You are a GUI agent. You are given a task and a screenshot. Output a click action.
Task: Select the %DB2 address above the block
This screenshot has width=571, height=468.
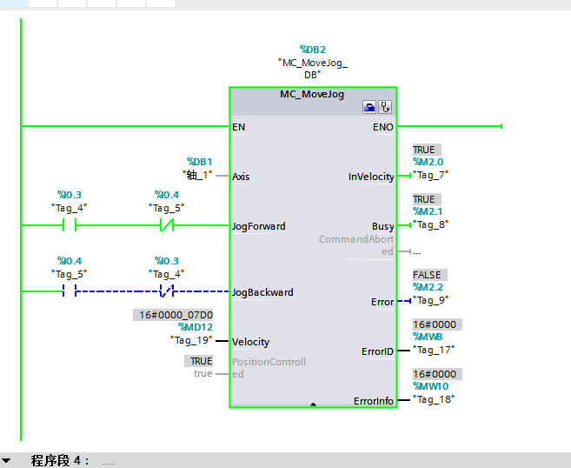[x=313, y=50]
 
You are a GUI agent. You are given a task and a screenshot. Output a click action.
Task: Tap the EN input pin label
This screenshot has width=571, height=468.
[x=239, y=127]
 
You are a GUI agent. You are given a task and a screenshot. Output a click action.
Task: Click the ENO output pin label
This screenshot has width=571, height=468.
[x=382, y=127]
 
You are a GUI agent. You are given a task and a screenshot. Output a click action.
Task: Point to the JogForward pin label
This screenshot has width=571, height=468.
[x=258, y=226]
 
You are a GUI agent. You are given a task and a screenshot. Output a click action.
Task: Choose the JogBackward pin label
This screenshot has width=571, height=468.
[x=262, y=292]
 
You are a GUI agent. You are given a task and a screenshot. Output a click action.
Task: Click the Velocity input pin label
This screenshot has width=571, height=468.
[x=250, y=342]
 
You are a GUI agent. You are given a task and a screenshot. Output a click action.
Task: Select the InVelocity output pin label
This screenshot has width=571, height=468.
[x=371, y=177]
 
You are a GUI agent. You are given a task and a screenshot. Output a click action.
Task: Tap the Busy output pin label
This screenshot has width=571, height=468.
[x=382, y=226]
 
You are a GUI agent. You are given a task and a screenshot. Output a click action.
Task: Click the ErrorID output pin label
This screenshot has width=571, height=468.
[x=377, y=351]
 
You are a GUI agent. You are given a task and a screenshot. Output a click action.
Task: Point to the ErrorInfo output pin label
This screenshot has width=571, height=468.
[x=374, y=401]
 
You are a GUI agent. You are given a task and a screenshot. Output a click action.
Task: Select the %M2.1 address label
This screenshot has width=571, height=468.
[x=428, y=211]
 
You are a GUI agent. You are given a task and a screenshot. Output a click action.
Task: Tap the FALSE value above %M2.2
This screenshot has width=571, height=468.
[x=429, y=275]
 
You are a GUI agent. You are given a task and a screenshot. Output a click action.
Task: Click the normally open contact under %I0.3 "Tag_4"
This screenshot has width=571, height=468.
[x=69, y=226]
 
